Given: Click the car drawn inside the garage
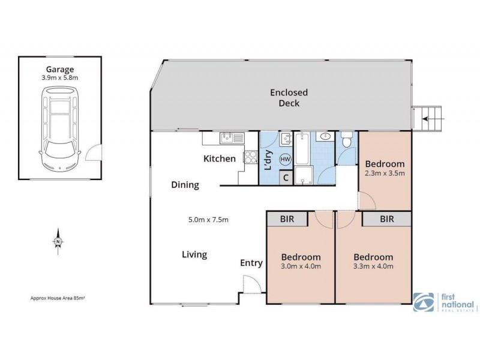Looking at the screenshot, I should (59, 129).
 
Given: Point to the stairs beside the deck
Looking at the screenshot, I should (430, 119).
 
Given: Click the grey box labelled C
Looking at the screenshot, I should (286, 177).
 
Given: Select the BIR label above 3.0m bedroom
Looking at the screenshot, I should (287, 219).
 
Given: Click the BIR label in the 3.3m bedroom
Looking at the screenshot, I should (386, 219).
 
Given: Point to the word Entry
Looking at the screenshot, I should (251, 263).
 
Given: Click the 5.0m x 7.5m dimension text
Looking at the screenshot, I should (208, 219).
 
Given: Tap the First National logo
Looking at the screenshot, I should (445, 302).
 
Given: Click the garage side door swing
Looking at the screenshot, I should (93, 155).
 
